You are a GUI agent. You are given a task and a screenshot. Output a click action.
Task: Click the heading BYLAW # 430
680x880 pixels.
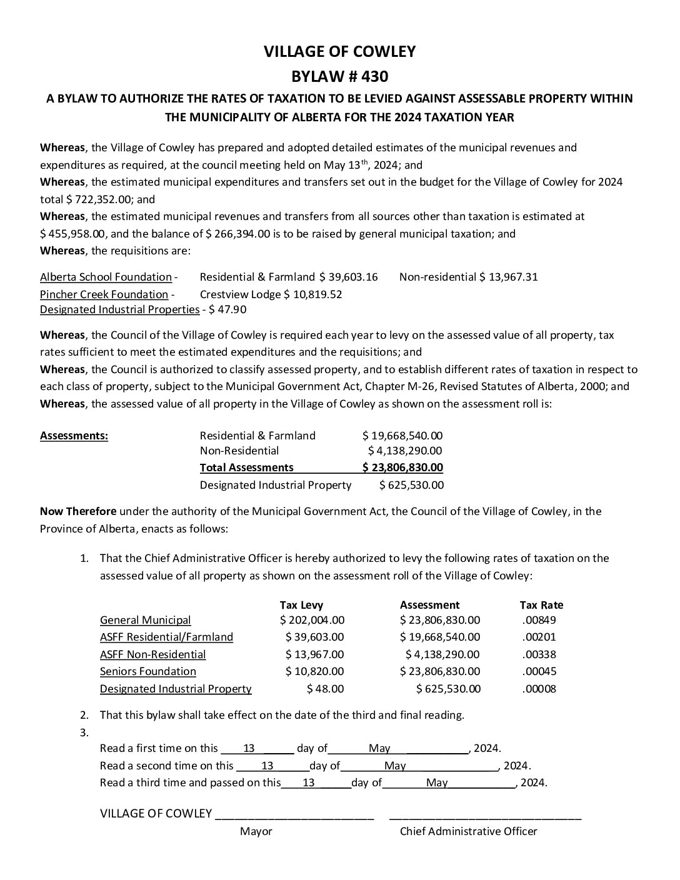[339, 77]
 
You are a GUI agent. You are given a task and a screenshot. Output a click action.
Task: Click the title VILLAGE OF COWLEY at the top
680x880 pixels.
[339, 51]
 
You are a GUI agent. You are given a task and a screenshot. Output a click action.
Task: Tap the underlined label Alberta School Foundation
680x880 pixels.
[106, 277]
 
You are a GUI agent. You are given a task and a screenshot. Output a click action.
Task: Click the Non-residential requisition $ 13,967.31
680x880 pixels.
[508, 277]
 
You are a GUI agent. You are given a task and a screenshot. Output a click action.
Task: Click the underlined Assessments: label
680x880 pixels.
[74, 436]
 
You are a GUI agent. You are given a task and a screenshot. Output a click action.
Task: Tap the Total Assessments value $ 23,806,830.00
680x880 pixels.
[402, 467]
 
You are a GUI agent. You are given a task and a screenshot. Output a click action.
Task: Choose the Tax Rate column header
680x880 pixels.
[541, 605]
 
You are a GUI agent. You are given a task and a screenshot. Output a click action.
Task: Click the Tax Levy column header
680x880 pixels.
[301, 605]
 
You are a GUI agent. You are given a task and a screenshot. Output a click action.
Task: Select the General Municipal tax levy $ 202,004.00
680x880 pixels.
[312, 621]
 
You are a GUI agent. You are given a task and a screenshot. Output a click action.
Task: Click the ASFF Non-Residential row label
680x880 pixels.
[152, 655]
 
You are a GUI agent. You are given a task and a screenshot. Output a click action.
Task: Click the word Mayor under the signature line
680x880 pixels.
[256, 831]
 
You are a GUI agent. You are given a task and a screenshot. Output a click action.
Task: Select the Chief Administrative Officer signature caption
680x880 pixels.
[468, 831]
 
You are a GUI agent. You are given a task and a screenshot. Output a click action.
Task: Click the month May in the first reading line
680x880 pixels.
[379, 748]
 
